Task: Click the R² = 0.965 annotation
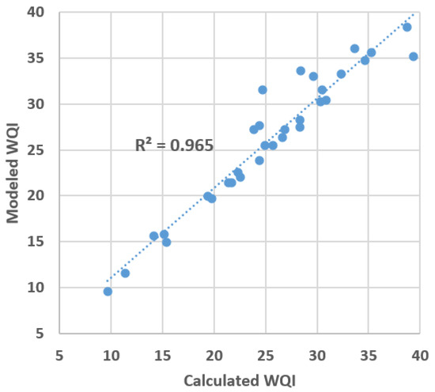tap(175, 145)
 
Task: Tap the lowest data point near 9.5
tap(108, 292)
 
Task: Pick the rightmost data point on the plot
tap(413, 57)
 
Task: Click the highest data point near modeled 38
tap(407, 27)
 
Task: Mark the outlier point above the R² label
tap(263, 90)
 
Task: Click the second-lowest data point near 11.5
tap(125, 273)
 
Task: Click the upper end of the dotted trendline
tap(413, 13)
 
